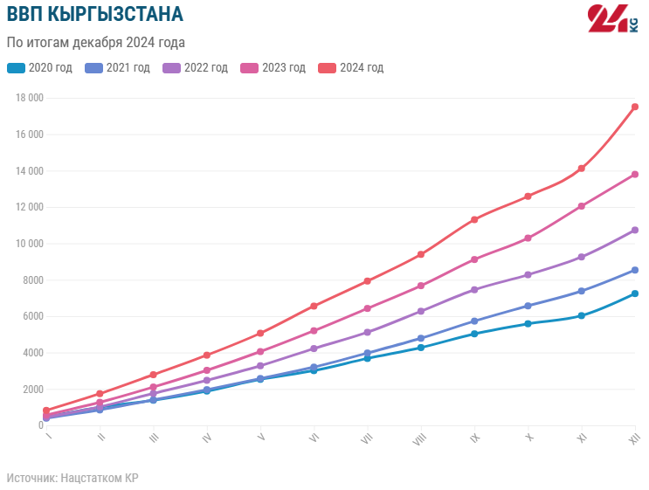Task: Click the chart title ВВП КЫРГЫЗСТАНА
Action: [95, 15]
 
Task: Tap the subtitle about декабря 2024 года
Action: [96, 42]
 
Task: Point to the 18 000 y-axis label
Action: [30, 98]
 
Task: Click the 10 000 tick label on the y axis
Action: [30, 244]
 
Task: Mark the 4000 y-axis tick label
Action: [32, 353]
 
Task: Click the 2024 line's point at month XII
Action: [635, 107]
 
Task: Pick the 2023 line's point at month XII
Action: [635, 175]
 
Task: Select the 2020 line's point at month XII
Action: [635, 293]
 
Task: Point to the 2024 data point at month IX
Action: [474, 219]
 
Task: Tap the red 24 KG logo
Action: [614, 19]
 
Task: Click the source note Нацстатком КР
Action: [72, 478]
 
